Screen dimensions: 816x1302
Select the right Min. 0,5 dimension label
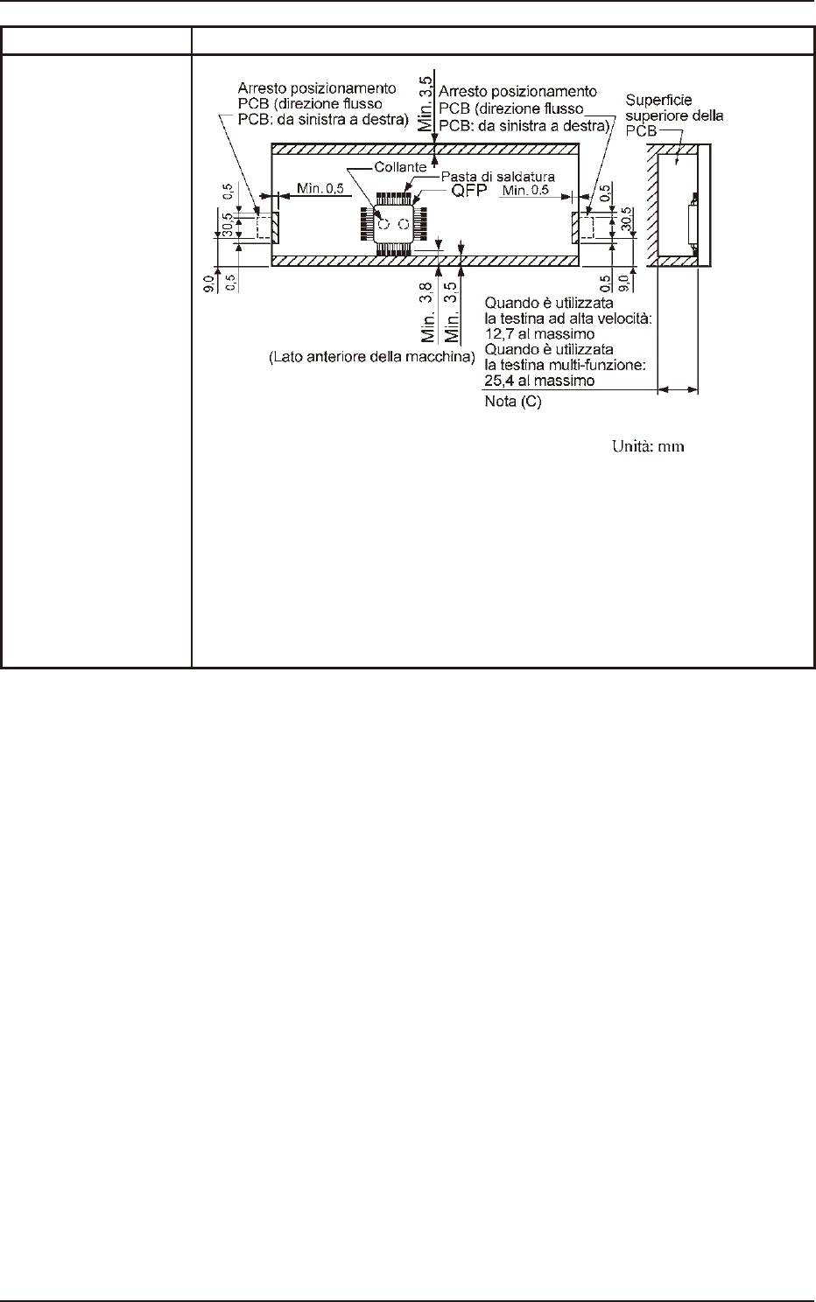[x=526, y=191]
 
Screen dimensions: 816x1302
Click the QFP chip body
[x=393, y=224]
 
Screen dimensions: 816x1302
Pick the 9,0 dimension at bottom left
[x=207, y=283]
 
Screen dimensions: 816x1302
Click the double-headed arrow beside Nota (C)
[x=677, y=391]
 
